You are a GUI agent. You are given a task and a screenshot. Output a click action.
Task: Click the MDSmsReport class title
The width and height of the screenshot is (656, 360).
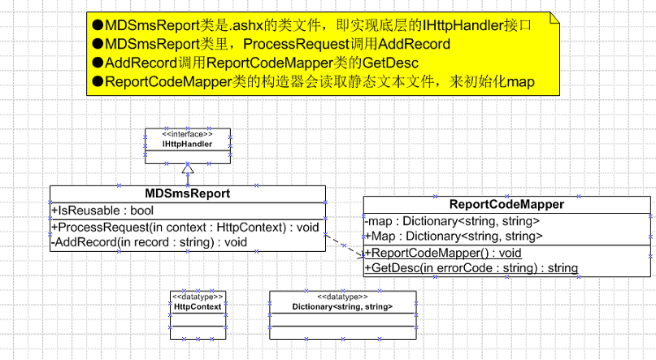point(187,193)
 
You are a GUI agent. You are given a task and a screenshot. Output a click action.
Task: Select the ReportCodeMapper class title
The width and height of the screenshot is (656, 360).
point(506,204)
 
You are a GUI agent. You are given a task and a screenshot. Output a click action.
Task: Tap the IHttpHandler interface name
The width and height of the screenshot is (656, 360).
point(188,144)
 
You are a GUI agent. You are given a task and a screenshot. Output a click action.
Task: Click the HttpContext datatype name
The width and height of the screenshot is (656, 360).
point(198,306)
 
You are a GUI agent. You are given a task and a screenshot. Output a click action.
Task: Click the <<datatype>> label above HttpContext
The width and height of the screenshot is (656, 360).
point(198,297)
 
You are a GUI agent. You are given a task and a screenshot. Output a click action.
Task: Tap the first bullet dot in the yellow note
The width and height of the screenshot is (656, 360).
point(98,25)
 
